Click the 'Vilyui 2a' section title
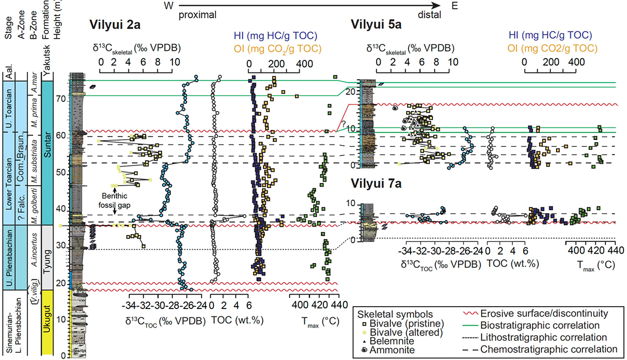[115, 25]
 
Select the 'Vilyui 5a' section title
[376, 24]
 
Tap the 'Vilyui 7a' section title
[376, 183]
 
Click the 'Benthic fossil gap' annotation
[115, 200]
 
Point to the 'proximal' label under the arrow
[197, 15]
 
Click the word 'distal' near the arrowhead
[430, 15]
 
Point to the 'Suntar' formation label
[47, 144]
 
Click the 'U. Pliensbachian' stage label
[9, 258]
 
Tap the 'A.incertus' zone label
[34, 250]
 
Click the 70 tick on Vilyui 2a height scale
[62, 99]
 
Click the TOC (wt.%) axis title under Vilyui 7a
[513, 263]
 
